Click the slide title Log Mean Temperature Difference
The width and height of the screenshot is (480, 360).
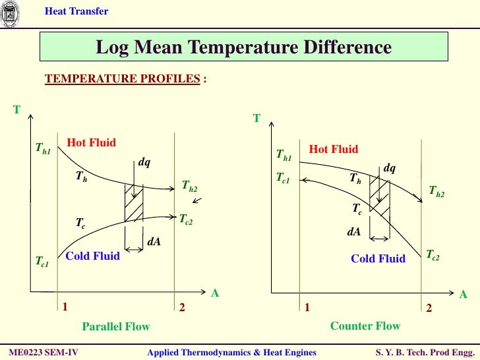click(243, 47)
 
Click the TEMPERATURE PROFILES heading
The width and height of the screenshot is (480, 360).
click(122, 79)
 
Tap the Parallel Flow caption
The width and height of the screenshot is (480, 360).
click(115, 326)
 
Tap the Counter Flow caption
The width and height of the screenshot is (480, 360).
click(365, 326)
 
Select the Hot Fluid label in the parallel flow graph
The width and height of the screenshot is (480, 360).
click(92, 142)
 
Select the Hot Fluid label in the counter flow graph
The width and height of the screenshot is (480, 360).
click(334, 149)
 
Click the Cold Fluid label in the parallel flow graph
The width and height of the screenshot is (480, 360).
click(93, 256)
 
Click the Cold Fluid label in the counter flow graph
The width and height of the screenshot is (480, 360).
click(378, 258)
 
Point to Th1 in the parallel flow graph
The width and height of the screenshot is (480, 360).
click(43, 150)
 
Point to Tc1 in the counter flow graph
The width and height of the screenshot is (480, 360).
click(284, 179)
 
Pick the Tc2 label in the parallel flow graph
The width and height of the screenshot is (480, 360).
click(186, 218)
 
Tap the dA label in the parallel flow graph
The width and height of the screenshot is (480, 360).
click(154, 242)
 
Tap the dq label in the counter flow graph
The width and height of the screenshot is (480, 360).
click(390, 168)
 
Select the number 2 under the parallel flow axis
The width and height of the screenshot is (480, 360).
click(182, 307)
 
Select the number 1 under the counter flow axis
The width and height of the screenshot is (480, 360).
click(307, 308)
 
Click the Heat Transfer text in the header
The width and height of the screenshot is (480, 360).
click(76, 11)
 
